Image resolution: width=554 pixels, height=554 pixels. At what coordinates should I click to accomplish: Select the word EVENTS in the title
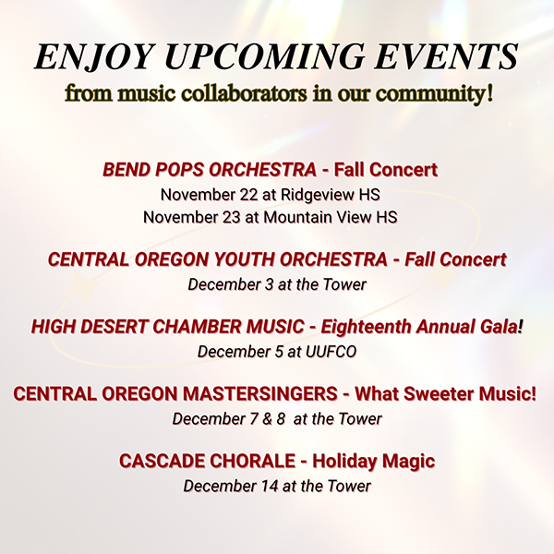point(446,57)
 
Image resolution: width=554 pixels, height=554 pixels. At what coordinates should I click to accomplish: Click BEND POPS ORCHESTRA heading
point(210,170)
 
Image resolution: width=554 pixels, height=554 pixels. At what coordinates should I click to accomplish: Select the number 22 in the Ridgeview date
point(248,195)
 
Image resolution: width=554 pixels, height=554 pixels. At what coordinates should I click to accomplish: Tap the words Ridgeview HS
point(331,195)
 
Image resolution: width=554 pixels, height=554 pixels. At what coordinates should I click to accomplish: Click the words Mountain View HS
point(331,217)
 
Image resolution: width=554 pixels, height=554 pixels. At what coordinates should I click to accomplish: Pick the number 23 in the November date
point(231,217)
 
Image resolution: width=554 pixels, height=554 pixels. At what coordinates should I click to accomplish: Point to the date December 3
point(231,284)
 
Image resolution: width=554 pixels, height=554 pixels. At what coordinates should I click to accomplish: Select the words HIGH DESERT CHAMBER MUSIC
point(167,327)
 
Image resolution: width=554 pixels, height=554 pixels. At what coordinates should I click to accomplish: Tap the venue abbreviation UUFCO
point(331,352)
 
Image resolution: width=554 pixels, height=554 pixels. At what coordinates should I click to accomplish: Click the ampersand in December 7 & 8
point(268,419)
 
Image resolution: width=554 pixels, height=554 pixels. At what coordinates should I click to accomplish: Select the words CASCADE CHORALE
point(207,461)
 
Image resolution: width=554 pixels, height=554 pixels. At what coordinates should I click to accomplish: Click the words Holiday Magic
point(373,462)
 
